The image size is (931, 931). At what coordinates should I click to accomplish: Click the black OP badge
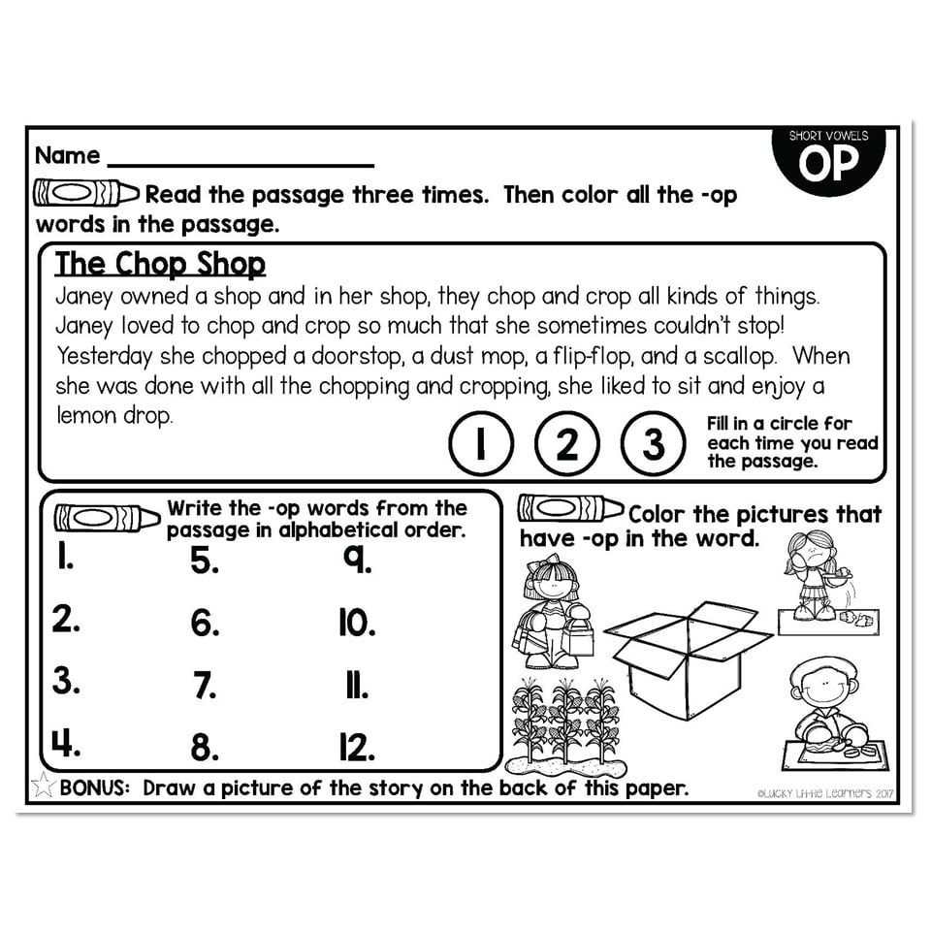pos(828,160)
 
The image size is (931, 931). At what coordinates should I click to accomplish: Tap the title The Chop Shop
pos(160,264)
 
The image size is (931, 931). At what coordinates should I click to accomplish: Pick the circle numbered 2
pos(567,443)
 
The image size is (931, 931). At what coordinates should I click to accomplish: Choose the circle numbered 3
pos(655,443)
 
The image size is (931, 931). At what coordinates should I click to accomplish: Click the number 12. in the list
pos(356,747)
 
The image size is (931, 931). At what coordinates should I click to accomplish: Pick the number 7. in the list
pos(204,686)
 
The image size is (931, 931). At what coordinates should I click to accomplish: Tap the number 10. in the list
pos(356,623)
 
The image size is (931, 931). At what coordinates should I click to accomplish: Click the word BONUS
pos(94,787)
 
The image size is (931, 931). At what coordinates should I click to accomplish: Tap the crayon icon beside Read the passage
pos(86,193)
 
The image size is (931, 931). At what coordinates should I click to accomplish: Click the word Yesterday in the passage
pos(104,355)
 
